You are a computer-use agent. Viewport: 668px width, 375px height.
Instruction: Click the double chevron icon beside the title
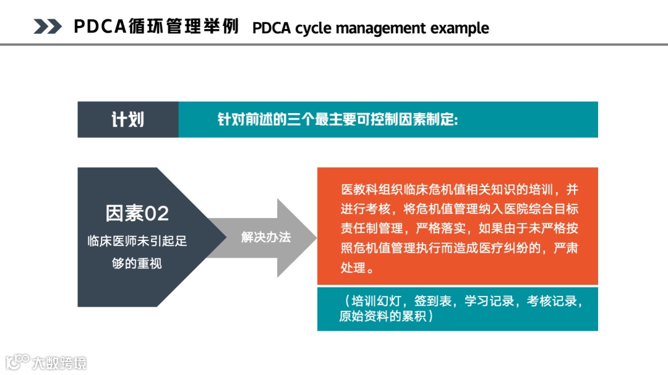48,27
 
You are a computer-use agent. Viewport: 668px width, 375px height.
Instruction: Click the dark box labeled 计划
128,119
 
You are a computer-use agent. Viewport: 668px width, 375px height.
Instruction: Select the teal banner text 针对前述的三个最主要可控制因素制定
338,119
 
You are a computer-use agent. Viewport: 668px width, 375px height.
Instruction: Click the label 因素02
137,213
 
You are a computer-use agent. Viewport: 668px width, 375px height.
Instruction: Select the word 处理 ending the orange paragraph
353,268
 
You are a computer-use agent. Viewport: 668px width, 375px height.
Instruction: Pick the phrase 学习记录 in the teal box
492,301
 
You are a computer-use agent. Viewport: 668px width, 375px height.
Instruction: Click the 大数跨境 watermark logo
46,362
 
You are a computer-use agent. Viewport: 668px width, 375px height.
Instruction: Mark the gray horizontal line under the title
334,44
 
